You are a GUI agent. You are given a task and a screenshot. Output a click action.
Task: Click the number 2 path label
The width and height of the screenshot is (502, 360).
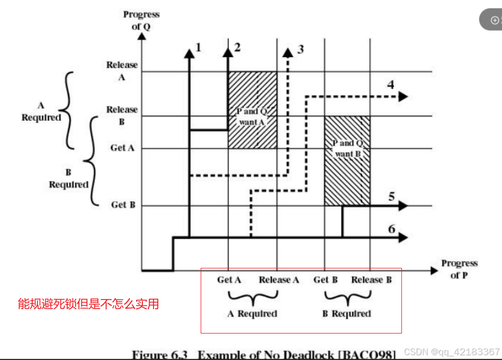[x=237, y=47]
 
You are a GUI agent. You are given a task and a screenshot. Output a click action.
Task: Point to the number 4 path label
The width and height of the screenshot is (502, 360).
[x=391, y=85]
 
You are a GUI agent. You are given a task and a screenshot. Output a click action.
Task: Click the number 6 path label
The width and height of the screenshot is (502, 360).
[x=392, y=229]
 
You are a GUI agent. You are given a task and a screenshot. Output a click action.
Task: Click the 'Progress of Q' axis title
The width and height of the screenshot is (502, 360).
[x=141, y=20]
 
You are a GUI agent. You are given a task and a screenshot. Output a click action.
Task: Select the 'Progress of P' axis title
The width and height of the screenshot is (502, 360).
[x=459, y=269]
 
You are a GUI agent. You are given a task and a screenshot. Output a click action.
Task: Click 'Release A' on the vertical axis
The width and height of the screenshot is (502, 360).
[x=122, y=70]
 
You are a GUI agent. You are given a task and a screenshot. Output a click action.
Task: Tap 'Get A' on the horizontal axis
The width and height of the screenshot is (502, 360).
[x=229, y=280]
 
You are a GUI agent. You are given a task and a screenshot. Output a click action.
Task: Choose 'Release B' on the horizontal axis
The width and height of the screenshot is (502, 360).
[x=371, y=280]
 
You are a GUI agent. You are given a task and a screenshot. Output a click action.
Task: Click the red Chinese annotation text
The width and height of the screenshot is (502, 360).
[x=88, y=304]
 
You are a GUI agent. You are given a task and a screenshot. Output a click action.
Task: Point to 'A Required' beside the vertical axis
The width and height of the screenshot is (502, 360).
[x=41, y=112]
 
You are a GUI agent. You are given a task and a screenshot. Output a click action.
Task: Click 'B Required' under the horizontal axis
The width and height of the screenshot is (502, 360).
[x=346, y=313]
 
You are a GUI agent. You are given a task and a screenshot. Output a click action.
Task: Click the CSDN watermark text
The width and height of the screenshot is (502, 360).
[x=451, y=352]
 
